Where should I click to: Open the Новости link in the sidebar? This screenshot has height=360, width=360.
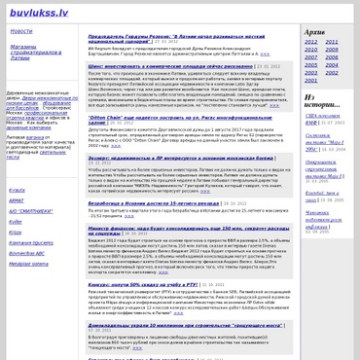[x=21, y=31]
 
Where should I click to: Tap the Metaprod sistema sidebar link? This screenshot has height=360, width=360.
[x=28, y=263]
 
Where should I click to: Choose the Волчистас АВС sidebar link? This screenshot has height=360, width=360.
[x=27, y=253]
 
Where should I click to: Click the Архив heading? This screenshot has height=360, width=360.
[x=314, y=31]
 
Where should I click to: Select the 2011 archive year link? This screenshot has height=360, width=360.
[x=334, y=42]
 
